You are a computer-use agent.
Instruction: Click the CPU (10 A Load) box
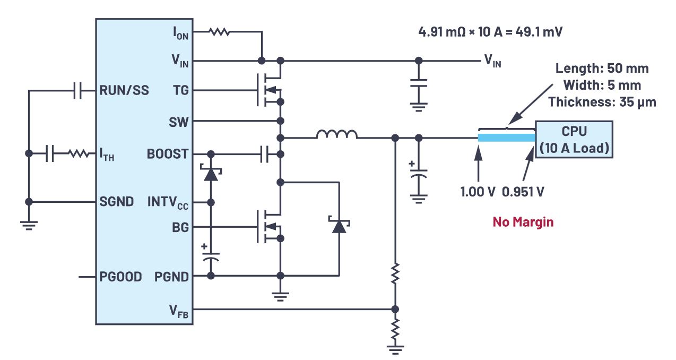point(574,139)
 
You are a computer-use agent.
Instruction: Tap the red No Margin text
point(523,222)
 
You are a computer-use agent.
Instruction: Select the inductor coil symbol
point(337,135)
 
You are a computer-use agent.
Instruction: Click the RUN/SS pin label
point(124,91)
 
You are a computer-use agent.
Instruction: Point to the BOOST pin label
point(167,155)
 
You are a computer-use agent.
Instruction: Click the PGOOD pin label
point(120,277)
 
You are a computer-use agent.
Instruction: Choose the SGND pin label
point(116,202)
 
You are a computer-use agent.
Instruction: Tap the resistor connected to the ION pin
point(219,32)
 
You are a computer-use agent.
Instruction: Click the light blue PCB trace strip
point(506,138)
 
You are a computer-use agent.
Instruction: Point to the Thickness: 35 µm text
point(602,102)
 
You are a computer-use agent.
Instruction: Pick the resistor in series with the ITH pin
point(79,154)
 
